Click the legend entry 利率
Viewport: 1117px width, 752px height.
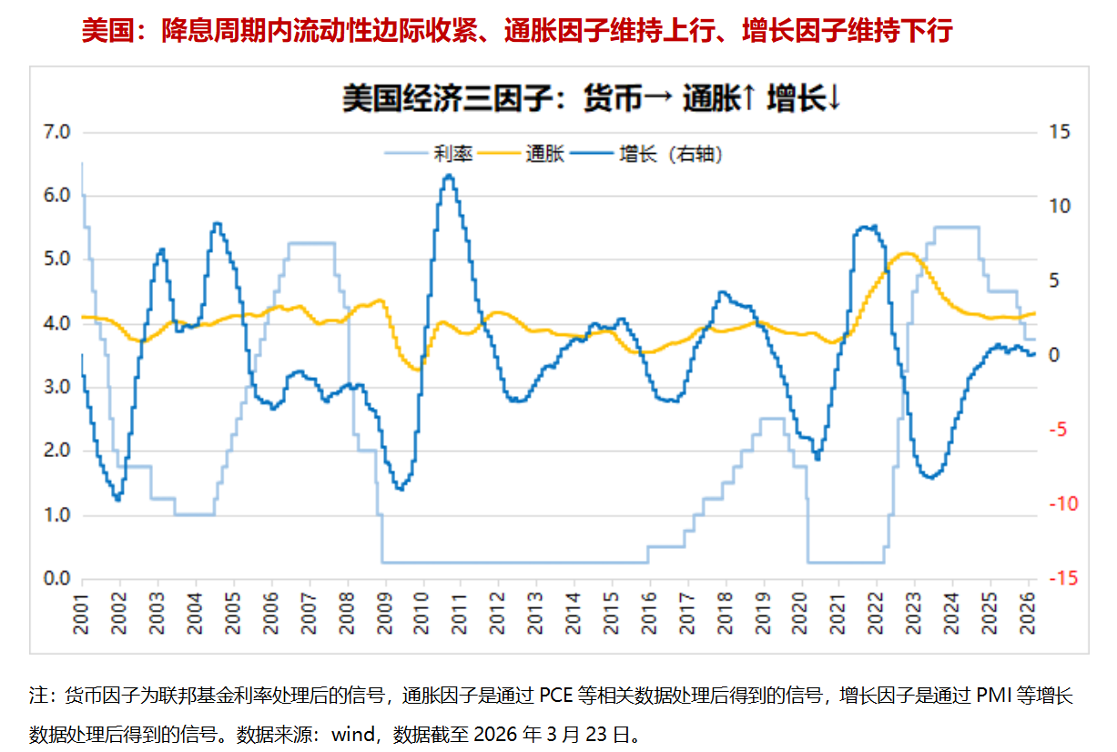(452, 155)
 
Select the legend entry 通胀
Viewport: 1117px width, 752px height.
(545, 155)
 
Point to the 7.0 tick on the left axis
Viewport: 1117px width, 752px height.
(56, 133)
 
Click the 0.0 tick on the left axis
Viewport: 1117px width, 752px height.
(56, 579)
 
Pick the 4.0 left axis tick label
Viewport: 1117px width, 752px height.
(56, 324)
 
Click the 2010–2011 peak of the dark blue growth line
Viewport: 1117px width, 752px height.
(448, 176)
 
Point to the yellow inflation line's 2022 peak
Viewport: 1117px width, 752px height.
(906, 253)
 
